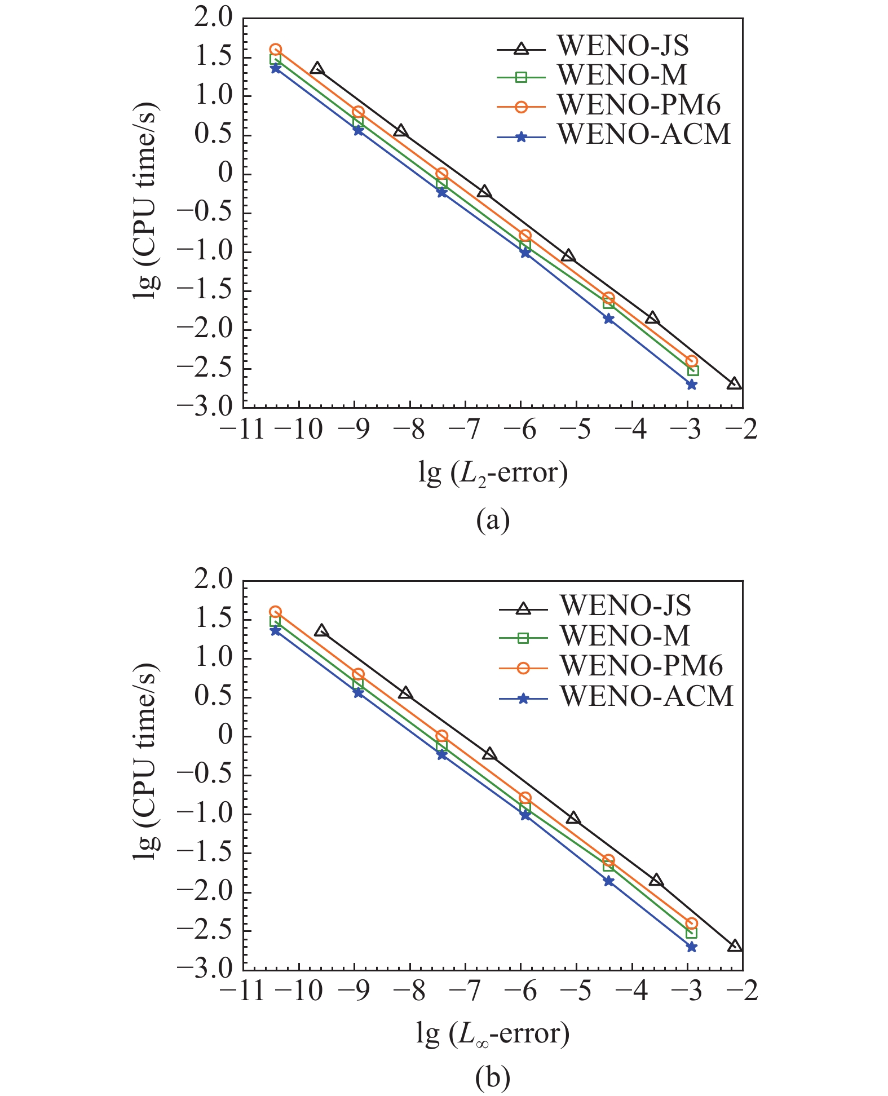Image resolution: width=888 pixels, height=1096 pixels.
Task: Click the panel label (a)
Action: pos(493,520)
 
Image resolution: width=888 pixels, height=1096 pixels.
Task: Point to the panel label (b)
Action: pos(493,1077)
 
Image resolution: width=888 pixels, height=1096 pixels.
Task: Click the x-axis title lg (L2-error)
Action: pos(493,472)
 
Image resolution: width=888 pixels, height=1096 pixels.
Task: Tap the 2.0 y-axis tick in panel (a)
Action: pos(213,18)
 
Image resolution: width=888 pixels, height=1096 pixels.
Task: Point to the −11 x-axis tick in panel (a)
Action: pos(242,430)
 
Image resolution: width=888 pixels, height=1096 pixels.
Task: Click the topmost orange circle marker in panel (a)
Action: pos(275,50)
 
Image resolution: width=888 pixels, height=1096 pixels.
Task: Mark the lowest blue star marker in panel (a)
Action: pos(691,385)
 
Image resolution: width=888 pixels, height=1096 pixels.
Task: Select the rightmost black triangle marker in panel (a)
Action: pos(734,383)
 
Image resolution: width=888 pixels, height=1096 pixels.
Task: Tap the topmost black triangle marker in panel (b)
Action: pos(321,631)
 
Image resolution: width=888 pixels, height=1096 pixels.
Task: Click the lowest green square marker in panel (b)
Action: pos(691,933)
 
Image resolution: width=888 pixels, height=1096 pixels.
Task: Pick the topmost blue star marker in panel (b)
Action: pos(275,630)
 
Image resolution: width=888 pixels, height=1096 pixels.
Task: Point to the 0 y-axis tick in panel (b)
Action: pos(226,735)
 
